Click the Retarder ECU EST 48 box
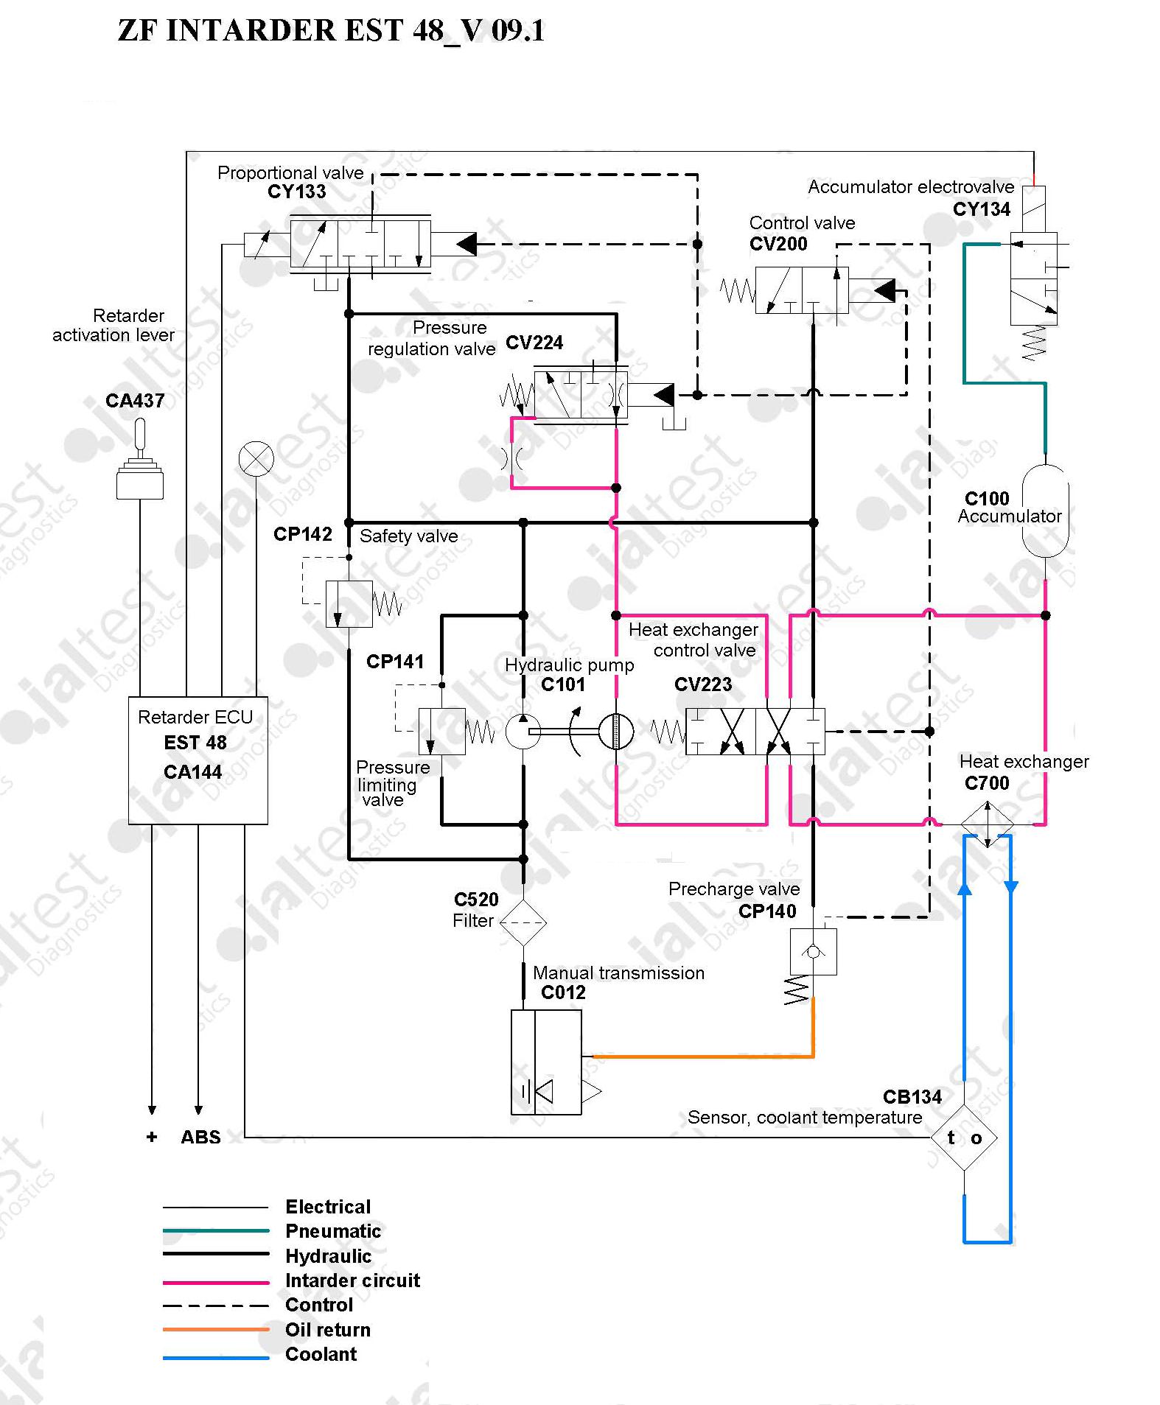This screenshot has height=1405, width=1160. [x=198, y=760]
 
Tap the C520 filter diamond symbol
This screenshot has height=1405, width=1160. [x=523, y=922]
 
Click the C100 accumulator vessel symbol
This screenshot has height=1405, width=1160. [x=1045, y=511]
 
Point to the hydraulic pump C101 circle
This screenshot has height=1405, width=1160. [x=523, y=732]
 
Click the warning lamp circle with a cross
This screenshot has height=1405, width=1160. [x=256, y=460]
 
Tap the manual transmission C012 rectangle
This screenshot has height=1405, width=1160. [x=546, y=1062]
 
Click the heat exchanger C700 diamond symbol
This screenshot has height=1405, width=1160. [x=988, y=824]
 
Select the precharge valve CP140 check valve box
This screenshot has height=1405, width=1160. [x=813, y=952]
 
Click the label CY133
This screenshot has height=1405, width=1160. [x=296, y=192]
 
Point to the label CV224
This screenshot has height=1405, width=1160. [x=534, y=343]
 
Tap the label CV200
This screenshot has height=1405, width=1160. [x=778, y=244]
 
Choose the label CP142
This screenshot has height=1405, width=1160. [x=303, y=534]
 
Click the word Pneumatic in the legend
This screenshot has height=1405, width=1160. [x=333, y=1231]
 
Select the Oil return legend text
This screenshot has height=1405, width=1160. [x=328, y=1330]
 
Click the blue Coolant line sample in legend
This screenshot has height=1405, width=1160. [x=216, y=1358]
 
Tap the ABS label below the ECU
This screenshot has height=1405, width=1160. [x=200, y=1137]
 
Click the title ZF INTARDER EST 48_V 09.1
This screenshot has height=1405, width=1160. [x=331, y=31]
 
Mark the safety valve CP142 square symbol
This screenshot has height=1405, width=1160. [x=349, y=604]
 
